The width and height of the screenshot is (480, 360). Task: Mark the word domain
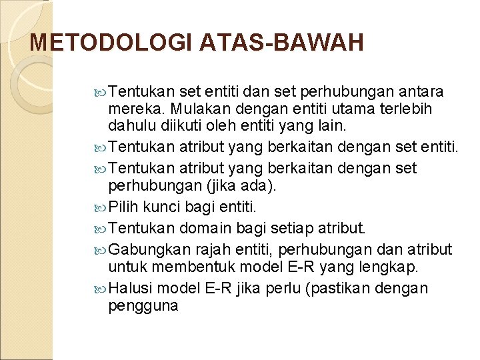(x=206, y=229)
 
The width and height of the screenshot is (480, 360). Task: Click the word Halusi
(x=130, y=289)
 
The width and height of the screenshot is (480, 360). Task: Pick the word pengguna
(x=143, y=307)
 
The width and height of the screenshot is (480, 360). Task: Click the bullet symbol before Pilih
(x=100, y=207)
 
